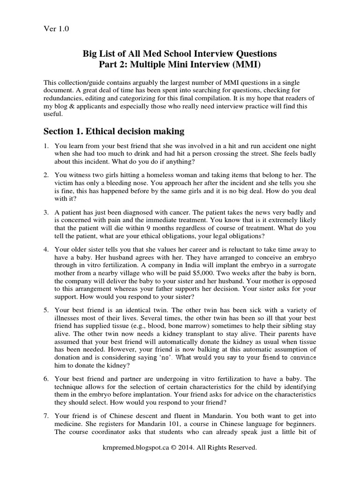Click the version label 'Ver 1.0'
(56, 29)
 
